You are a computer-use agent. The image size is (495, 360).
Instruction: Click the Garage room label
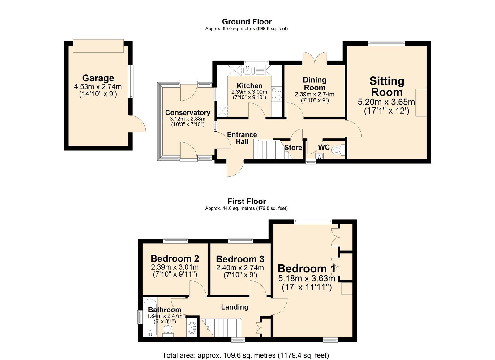[x=98, y=78]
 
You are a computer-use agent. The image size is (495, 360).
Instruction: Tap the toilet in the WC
[x=336, y=151]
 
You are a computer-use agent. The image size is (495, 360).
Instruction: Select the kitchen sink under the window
[x=249, y=71]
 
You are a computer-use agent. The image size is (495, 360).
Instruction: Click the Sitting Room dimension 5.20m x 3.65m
[x=386, y=102]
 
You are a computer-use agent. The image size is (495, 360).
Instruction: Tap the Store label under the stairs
[x=293, y=148]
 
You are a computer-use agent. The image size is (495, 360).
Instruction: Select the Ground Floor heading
[x=247, y=22]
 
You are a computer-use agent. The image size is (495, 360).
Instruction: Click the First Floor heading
[x=247, y=202]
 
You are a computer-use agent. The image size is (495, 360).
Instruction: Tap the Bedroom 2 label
[x=175, y=258]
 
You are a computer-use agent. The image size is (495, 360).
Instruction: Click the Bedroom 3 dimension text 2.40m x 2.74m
[x=240, y=268]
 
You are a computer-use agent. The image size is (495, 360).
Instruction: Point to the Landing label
[x=235, y=307]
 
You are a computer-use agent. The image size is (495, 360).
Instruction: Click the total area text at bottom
[x=246, y=355]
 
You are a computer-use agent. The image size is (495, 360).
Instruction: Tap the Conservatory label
[x=187, y=113]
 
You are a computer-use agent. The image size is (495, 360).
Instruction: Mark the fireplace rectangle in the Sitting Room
[x=421, y=102]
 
